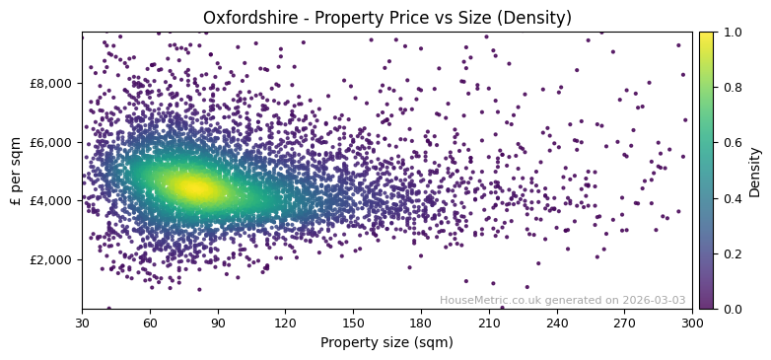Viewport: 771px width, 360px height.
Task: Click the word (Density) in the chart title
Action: (535, 18)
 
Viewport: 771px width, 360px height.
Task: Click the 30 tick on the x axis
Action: (82, 322)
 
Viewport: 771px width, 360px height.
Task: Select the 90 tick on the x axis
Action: (218, 322)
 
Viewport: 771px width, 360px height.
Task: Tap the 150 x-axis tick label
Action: (353, 322)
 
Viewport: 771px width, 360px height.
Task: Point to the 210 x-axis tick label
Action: (489, 322)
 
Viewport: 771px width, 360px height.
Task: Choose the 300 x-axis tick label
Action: (692, 322)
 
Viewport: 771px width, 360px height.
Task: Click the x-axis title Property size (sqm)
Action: (386, 342)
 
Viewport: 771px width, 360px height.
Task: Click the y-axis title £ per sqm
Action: (16, 171)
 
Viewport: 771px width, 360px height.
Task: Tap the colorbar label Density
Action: (755, 171)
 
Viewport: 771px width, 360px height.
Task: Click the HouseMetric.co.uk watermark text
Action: (562, 300)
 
